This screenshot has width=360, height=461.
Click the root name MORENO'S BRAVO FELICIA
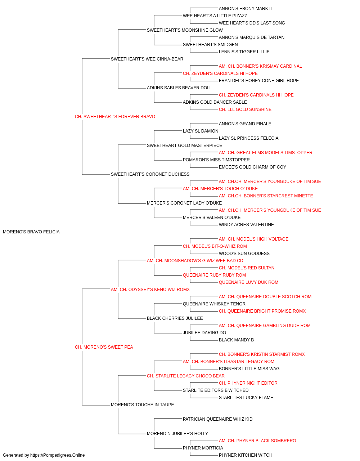pyautogui.click(x=31, y=232)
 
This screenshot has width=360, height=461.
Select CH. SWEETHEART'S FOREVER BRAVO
pyautogui.click(x=115, y=117)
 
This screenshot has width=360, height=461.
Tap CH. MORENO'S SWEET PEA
pyautogui.click(x=104, y=347)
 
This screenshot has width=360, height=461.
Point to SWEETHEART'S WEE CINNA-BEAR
pyautogui.click(x=147, y=59)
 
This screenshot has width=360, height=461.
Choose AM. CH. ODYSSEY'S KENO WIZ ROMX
pyautogui.click(x=150, y=290)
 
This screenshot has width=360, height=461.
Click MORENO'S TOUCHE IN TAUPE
pyautogui.click(x=142, y=405)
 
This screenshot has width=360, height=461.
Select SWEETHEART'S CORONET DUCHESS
pyautogui.click(x=150, y=174)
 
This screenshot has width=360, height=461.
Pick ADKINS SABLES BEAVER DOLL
pyautogui.click(x=179, y=88)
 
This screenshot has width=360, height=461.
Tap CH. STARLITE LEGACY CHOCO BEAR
pyautogui.click(x=186, y=376)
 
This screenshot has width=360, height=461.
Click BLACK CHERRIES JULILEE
pyautogui.click(x=175, y=318)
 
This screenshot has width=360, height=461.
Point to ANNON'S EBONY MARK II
pyautogui.click(x=245, y=9)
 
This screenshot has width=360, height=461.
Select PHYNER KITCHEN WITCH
pyautogui.click(x=246, y=455)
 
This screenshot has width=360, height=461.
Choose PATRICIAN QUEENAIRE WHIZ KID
pyautogui.click(x=217, y=419)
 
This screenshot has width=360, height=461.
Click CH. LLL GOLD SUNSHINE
pyautogui.click(x=245, y=109)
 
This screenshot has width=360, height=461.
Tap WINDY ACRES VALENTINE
pyautogui.click(x=246, y=225)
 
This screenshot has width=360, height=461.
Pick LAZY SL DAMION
pyautogui.click(x=201, y=131)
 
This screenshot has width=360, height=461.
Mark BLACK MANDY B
pyautogui.click(x=236, y=340)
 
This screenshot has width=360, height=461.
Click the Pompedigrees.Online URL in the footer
pyautogui.click(x=57, y=455)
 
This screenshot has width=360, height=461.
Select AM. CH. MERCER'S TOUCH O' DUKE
pyautogui.click(x=220, y=189)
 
